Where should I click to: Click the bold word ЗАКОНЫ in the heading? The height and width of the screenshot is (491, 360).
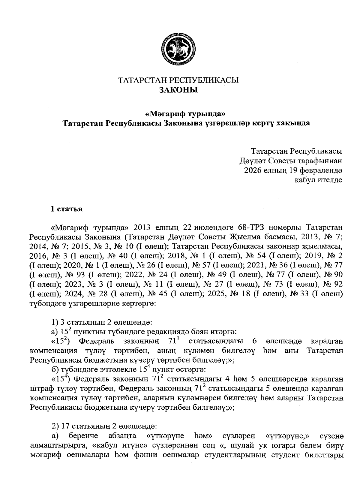tap(178, 90)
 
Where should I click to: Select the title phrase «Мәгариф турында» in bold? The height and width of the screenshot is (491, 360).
tap(185, 114)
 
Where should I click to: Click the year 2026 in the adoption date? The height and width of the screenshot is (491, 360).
tap(254, 170)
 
